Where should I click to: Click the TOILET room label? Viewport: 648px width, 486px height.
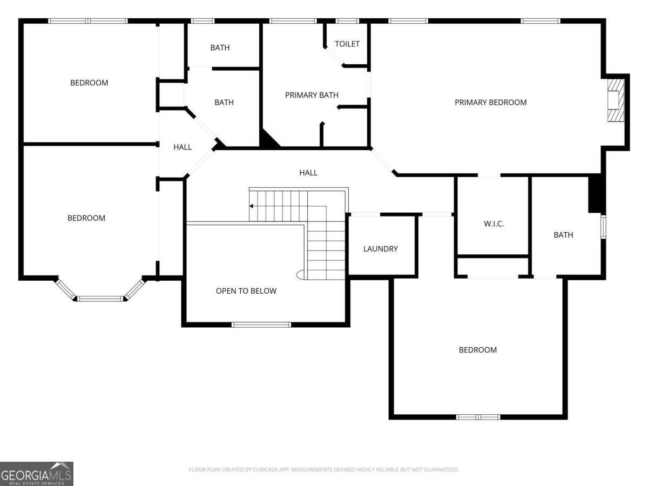click(347, 44)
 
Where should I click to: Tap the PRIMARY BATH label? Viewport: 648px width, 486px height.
click(312, 95)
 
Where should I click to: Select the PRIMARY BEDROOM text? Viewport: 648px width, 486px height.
click(490, 103)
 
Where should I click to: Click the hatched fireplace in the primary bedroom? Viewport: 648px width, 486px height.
click(616, 100)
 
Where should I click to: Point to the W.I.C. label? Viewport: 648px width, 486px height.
click(494, 224)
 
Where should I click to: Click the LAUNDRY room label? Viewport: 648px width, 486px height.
click(380, 249)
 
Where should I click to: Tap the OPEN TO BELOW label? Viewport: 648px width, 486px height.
click(246, 291)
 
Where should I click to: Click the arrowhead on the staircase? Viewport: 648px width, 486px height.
click(251, 206)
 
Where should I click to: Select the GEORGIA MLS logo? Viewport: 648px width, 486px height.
click(37, 474)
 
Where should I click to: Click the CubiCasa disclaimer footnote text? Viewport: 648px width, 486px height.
click(324, 469)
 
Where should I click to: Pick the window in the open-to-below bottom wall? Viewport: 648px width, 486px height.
click(261, 325)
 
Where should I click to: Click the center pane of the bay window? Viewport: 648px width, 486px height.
click(100, 299)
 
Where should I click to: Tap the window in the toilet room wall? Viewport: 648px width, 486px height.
click(347, 21)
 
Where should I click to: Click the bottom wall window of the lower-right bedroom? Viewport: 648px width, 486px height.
click(478, 417)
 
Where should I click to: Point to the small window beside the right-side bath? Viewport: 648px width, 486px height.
click(603, 227)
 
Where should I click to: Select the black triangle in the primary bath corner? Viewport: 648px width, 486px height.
click(268, 139)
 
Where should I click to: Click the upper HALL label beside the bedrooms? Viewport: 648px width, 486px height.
click(183, 147)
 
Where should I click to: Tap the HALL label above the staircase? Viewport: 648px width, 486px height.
click(308, 173)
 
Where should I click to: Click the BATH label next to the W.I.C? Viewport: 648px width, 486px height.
click(563, 235)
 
